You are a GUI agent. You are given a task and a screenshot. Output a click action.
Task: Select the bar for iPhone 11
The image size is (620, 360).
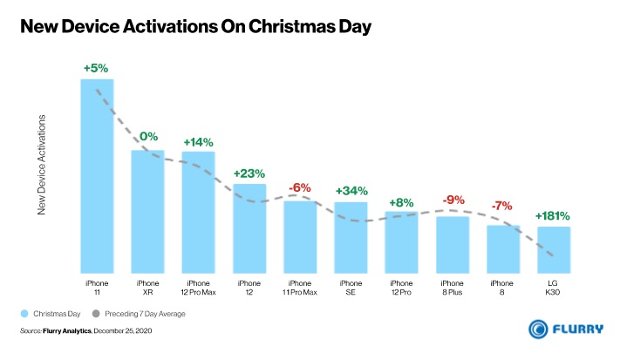(x=97, y=174)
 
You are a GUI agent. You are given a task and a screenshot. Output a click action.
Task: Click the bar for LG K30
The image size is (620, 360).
(x=553, y=249)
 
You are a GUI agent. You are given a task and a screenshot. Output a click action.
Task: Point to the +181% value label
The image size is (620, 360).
(x=553, y=215)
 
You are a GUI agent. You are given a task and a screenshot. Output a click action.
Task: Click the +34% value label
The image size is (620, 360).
(x=351, y=191)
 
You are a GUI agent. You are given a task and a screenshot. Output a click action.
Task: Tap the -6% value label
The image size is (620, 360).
(x=300, y=187)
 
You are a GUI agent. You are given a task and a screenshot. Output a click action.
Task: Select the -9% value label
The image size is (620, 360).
(x=453, y=200)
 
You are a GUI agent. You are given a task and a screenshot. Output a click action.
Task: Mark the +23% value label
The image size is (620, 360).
(x=249, y=173)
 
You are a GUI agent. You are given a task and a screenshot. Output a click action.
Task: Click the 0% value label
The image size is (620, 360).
(x=148, y=137)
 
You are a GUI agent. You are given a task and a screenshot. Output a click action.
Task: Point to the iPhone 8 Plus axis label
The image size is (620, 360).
(x=452, y=288)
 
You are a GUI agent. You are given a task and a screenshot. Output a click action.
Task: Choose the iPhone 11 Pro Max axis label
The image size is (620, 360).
(x=299, y=288)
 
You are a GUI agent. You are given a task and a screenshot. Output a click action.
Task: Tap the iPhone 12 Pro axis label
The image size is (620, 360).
(x=401, y=288)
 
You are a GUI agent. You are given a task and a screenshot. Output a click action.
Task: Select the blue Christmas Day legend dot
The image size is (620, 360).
(x=24, y=313)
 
